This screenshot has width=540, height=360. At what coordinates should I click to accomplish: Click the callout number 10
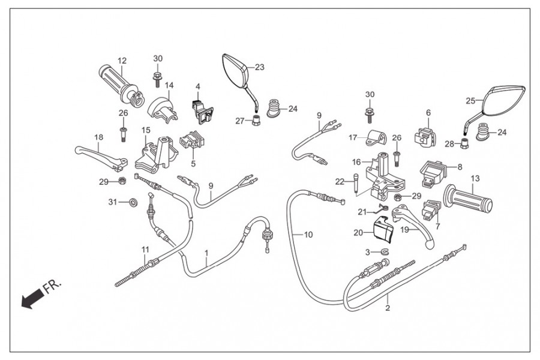[x=308, y=235]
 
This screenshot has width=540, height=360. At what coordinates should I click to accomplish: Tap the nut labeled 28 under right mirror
[x=464, y=143]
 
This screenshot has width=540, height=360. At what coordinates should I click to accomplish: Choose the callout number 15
[x=146, y=130]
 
